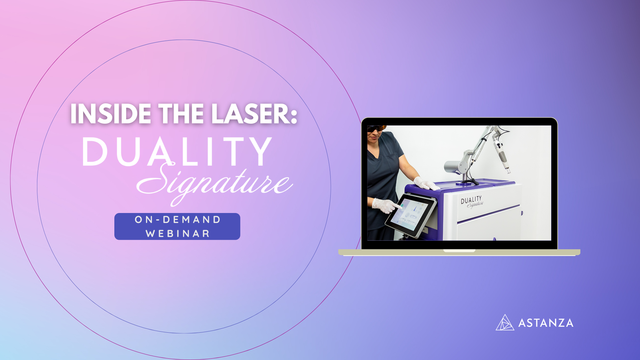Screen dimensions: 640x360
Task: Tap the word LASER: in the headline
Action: coord(254,114)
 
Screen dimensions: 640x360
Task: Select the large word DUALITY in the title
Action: coord(177,151)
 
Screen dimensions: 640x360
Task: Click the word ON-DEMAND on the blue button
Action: coord(178,220)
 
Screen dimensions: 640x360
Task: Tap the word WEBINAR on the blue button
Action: coord(178,234)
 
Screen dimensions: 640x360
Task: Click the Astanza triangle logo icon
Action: coord(505,322)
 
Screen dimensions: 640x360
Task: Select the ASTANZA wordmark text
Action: coord(546,323)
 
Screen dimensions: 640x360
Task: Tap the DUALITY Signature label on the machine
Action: coord(472,202)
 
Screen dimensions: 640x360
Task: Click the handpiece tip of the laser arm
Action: coord(508,170)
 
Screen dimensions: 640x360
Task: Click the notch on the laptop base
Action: coord(459,251)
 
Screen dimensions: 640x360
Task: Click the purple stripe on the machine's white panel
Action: coord(488,214)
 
